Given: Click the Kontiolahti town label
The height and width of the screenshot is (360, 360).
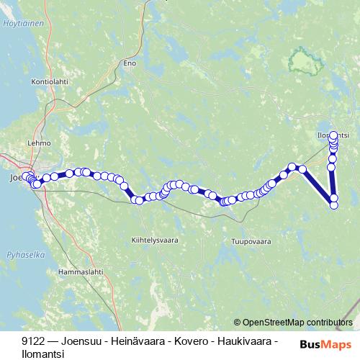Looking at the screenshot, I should point(50,82).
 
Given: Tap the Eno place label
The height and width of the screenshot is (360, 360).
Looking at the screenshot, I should point(130,63).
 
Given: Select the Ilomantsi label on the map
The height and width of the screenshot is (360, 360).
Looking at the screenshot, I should point(333,135).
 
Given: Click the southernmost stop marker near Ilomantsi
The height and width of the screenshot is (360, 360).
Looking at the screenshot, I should point(334,206).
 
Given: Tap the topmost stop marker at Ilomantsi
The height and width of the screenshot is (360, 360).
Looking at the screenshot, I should point(333,135).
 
